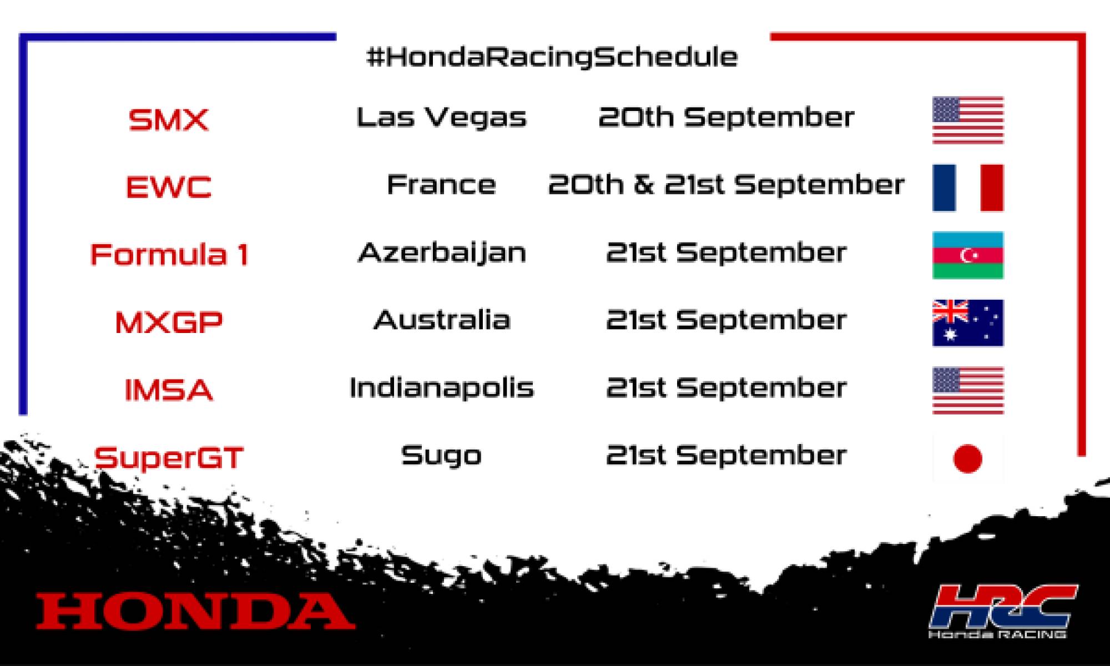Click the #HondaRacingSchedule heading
(x=552, y=57)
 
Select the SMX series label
(x=168, y=119)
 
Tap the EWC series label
(x=169, y=187)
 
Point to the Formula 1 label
(x=169, y=255)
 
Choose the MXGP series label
(x=169, y=322)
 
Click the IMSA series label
(x=169, y=390)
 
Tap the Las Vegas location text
(x=441, y=118)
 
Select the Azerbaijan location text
(x=442, y=254)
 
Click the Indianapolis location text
(x=442, y=387)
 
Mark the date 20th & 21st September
(x=726, y=185)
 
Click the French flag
(x=968, y=188)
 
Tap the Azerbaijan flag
(x=968, y=255)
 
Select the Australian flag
(x=968, y=323)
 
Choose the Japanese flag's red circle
(x=967, y=458)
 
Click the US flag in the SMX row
(x=968, y=120)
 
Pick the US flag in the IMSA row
(x=968, y=390)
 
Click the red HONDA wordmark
(x=195, y=611)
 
